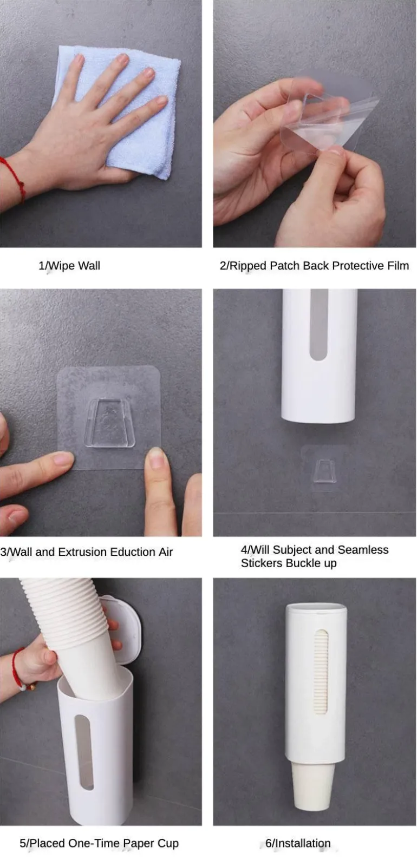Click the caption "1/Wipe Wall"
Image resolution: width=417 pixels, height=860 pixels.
(69, 266)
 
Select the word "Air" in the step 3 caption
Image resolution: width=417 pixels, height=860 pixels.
(166, 552)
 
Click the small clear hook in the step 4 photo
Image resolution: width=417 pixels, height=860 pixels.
(325, 471)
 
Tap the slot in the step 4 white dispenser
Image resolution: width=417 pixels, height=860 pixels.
(318, 325)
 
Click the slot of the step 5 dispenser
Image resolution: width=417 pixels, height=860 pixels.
(84, 752)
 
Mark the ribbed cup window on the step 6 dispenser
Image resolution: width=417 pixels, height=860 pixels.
(321, 672)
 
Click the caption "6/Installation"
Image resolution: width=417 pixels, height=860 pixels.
(298, 843)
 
